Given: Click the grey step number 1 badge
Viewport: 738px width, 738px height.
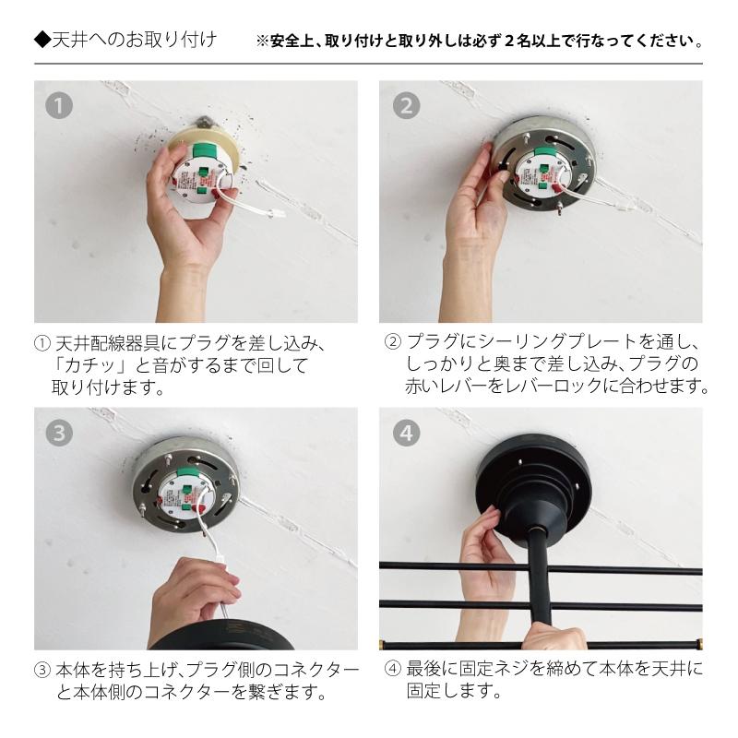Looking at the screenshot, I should (60, 104).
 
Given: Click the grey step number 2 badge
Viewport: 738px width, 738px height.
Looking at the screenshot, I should (405, 104).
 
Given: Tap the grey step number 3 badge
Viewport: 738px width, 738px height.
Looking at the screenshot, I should (60, 432).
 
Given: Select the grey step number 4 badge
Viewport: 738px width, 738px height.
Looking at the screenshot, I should (405, 432).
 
